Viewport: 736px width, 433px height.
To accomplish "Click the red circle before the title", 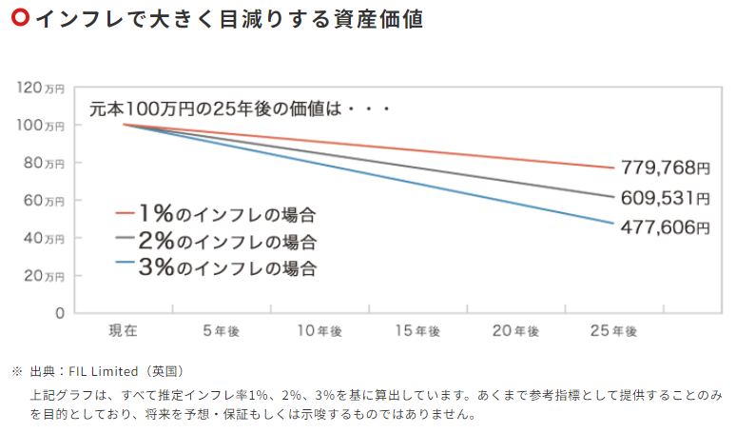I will pyautogui.click(x=18, y=18).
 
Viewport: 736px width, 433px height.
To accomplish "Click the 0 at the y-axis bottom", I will pyautogui.click(x=60, y=312).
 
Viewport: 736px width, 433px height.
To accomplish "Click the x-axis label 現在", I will pyautogui.click(x=124, y=331).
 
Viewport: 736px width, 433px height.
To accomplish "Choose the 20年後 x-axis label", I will pyautogui.click(x=514, y=331).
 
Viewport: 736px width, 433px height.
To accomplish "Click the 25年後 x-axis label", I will pyautogui.click(x=612, y=331).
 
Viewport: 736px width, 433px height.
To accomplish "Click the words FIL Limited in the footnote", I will pyautogui.click(x=102, y=370).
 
